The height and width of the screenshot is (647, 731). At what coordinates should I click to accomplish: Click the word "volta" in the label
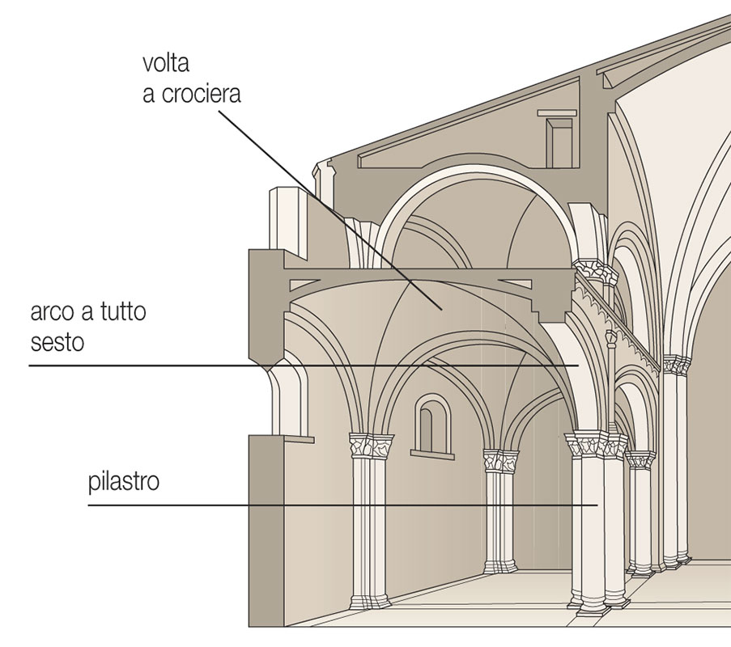(x=165, y=63)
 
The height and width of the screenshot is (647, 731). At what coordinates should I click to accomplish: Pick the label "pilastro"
(x=124, y=483)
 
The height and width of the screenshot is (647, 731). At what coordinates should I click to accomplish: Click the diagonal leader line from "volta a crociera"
(x=324, y=202)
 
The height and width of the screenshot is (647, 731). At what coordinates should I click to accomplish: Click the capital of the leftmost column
(x=371, y=446)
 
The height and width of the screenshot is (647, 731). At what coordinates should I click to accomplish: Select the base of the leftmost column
(x=368, y=602)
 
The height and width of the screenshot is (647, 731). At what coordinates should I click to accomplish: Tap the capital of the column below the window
(x=501, y=462)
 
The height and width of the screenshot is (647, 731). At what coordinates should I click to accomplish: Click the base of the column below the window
(x=499, y=567)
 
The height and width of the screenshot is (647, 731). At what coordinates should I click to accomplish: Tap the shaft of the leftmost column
(x=369, y=526)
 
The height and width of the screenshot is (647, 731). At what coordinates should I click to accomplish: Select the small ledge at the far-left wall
(x=298, y=439)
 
